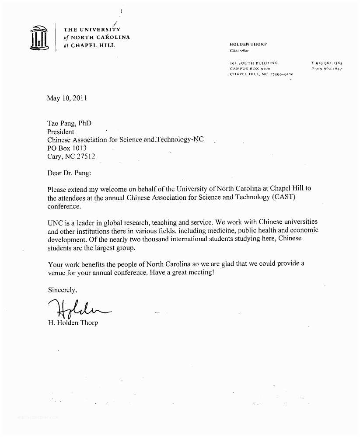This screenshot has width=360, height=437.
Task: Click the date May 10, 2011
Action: pyautogui.click(x=67, y=98)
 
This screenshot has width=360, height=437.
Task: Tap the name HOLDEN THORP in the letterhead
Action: pyautogui.click(x=248, y=44)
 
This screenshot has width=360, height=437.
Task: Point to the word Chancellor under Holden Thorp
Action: pyautogui.click(x=239, y=51)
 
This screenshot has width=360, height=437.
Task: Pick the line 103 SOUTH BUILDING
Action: pyautogui.click(x=253, y=63)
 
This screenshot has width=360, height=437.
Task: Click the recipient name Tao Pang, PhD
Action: pyautogui.click(x=69, y=124)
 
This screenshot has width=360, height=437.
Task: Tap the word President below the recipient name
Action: pyautogui.click(x=61, y=132)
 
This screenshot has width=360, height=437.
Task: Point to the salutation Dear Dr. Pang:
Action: pyautogui.click(x=69, y=173)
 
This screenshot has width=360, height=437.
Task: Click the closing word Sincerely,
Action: pyautogui.click(x=62, y=290)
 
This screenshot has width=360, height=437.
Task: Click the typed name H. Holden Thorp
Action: pyautogui.click(x=73, y=323)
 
